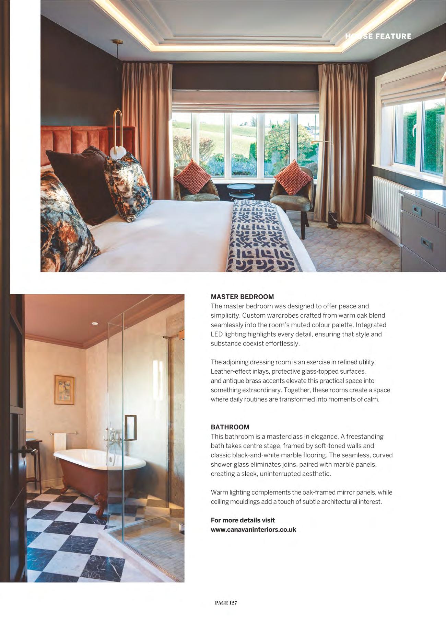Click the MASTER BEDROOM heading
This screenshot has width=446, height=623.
[x=242, y=297]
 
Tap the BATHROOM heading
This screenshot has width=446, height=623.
[x=230, y=427]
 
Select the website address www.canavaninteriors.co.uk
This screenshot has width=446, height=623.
[x=253, y=530]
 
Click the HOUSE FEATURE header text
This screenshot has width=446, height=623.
[x=378, y=36]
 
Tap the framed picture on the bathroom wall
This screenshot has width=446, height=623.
[x=64, y=390]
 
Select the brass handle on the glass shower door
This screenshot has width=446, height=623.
[x=131, y=428]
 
